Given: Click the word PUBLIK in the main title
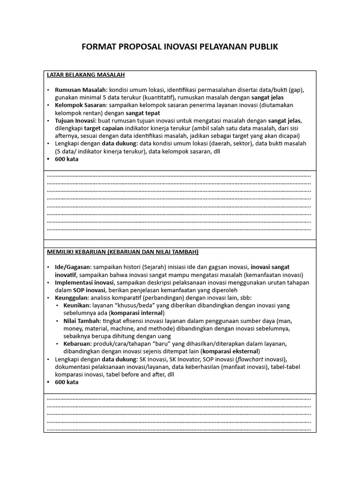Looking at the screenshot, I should (261, 47).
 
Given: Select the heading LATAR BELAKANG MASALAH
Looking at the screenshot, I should (86, 75).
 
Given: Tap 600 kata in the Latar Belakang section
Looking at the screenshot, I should (67, 159).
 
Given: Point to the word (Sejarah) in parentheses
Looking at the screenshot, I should (155, 267).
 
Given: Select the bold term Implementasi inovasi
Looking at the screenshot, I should (84, 283).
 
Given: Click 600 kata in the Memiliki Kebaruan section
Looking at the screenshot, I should (67, 382).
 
